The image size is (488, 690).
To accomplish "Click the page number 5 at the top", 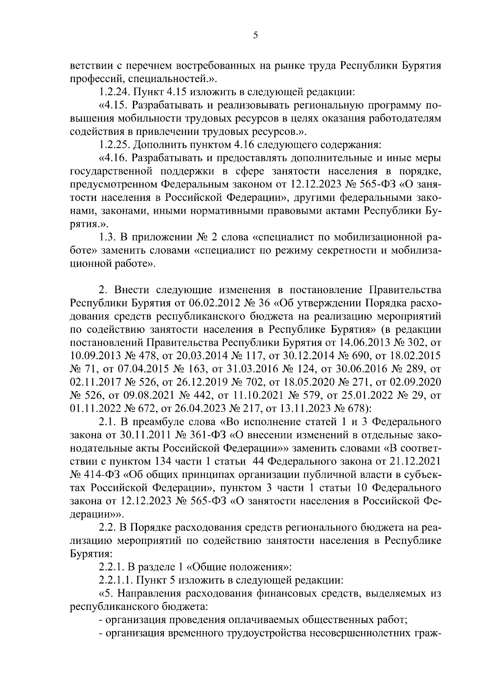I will point(255,35).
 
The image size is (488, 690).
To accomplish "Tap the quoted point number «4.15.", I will point(113,106).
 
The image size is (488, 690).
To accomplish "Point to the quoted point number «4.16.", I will point(113,158).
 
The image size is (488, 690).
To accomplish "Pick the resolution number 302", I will point(420,343).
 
